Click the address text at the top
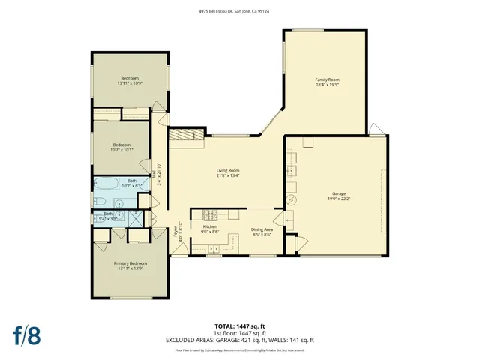240,10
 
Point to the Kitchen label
210,226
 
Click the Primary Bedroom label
130,263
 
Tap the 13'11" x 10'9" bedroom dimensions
130,83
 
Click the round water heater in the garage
292,201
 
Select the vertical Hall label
154,174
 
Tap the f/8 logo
28,334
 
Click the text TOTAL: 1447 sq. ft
240,325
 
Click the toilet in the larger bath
97,202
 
